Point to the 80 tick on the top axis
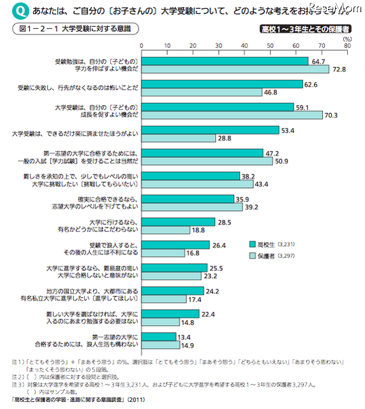click(347, 47)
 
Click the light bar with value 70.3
click(232, 115)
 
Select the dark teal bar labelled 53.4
click(210, 130)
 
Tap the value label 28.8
click(225, 139)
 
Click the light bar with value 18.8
click(165, 230)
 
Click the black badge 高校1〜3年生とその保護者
click(304, 29)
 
